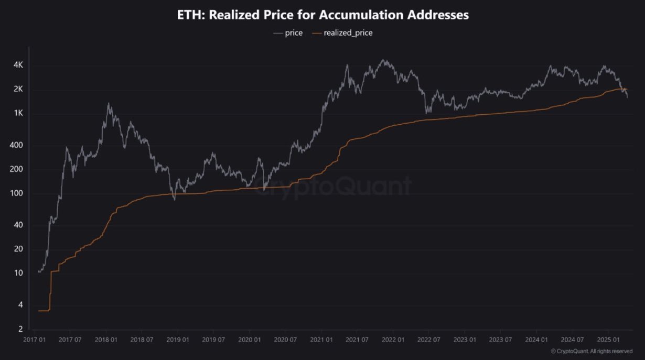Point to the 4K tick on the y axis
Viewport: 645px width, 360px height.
pyautogui.click(x=18, y=65)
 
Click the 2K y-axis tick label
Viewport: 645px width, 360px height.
pyautogui.click(x=18, y=90)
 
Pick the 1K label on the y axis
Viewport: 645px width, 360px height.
pyautogui.click(x=18, y=114)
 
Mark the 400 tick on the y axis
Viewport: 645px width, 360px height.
pyautogui.click(x=17, y=145)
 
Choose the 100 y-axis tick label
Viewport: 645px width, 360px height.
pyautogui.click(x=17, y=194)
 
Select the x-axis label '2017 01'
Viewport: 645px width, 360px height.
pyautogui.click(x=34, y=340)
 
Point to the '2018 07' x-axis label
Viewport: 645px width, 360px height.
pyautogui.click(x=142, y=340)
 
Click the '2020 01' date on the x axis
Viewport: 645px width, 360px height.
pyautogui.click(x=249, y=340)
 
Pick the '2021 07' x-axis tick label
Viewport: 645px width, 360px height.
pyautogui.click(x=357, y=340)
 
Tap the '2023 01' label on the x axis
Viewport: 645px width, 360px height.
pyautogui.click(x=464, y=340)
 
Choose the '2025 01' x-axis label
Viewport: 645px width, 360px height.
pyautogui.click(x=608, y=340)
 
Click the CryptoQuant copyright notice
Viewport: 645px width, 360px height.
pyautogui.click(x=591, y=351)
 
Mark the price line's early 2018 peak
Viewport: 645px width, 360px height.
pyautogui.click(x=109, y=104)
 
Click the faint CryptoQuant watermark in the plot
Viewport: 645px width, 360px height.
pyautogui.click(x=333, y=186)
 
